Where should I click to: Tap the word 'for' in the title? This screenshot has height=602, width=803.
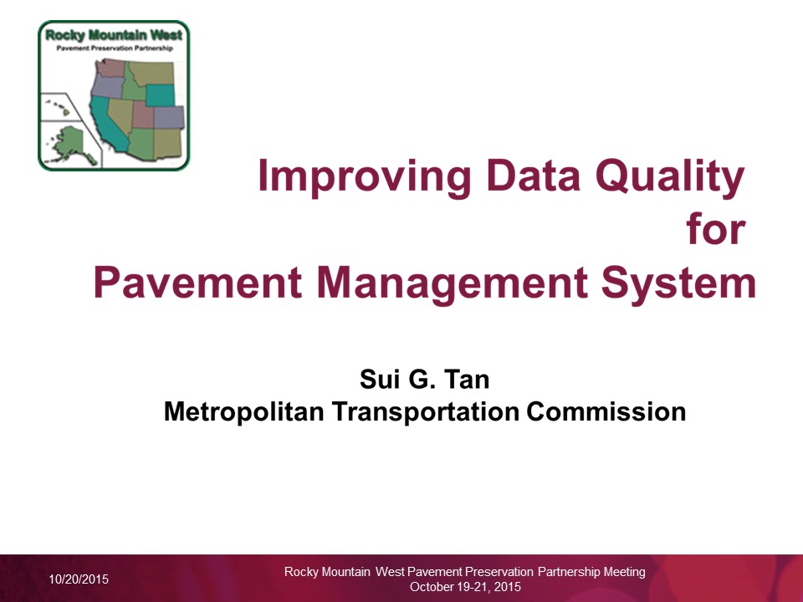tap(714, 229)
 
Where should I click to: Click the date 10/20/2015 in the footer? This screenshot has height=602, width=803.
tap(78, 579)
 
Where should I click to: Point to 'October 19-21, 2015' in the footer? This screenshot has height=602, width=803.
tap(465, 587)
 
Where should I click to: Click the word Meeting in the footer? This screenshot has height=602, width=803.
tap(624, 572)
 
